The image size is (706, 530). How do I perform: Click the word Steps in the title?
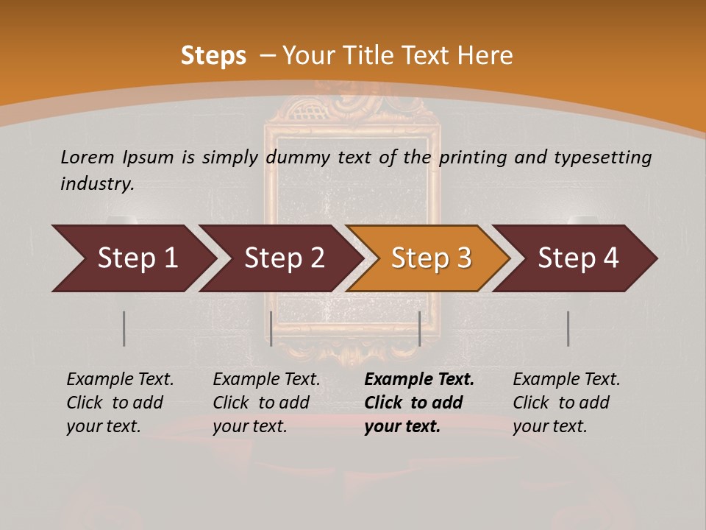(213, 56)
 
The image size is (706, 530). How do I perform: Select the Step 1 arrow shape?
(132, 258)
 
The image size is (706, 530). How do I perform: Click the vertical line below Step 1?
(124, 328)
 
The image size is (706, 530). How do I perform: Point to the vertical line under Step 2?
(271, 328)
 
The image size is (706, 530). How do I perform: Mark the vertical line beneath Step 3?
(419, 328)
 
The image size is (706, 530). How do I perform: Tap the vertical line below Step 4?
(568, 328)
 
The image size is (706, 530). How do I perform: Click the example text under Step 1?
(120, 403)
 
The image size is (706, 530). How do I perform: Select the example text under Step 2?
(266, 403)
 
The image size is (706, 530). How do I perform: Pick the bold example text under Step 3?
(418, 403)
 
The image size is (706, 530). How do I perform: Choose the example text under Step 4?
(566, 403)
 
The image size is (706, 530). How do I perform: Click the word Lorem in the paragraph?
(88, 157)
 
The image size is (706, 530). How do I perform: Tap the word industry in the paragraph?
(96, 184)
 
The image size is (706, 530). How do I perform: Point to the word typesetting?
(602, 158)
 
